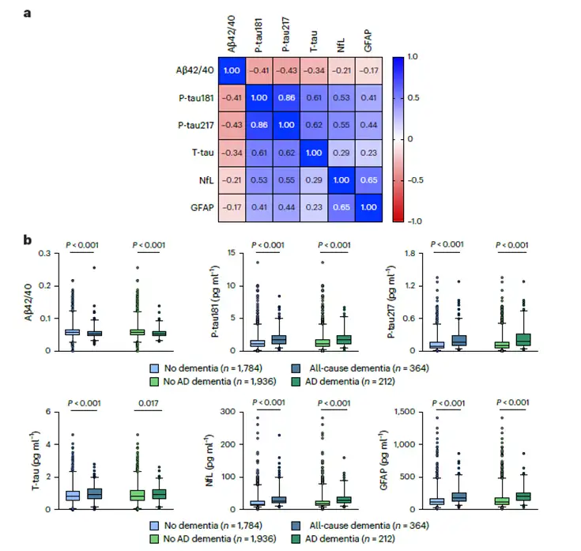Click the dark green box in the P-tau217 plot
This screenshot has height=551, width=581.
click(523, 339)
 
